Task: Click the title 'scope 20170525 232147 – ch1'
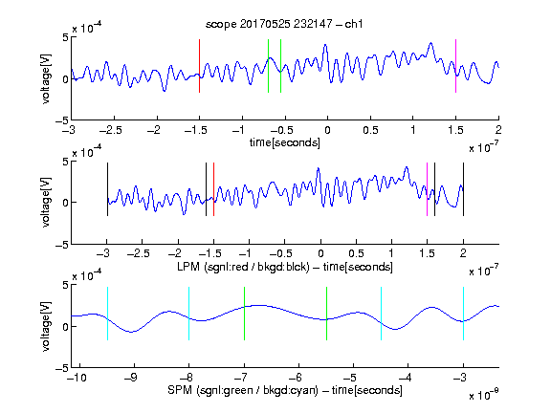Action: pyautogui.click(x=284, y=24)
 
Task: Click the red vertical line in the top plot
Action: pyautogui.click(x=199, y=66)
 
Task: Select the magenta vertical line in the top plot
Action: pyautogui.click(x=455, y=66)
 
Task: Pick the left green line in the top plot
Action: pyautogui.click(x=268, y=66)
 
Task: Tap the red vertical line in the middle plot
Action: pyautogui.click(x=213, y=189)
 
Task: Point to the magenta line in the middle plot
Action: pyautogui.click(x=427, y=189)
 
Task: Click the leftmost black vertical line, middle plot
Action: pyautogui.click(x=107, y=189)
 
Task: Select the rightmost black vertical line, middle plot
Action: pyautogui.click(x=463, y=189)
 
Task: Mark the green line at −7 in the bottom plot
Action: pyautogui.click(x=244, y=314)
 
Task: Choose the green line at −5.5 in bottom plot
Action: pyautogui.click(x=326, y=314)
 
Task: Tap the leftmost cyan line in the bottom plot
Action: pyautogui.click(x=107, y=314)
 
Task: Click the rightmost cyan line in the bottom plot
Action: pyautogui.click(x=463, y=314)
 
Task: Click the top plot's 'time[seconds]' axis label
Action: pyautogui.click(x=285, y=142)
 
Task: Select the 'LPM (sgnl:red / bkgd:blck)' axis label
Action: pyautogui.click(x=243, y=267)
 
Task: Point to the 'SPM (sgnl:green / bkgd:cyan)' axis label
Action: pyautogui.click(x=243, y=390)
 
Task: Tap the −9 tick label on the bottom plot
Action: pyautogui.click(x=131, y=378)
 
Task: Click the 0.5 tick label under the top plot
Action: pyautogui.click(x=370, y=130)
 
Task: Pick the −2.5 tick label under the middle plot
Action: pyautogui.click(x=139, y=253)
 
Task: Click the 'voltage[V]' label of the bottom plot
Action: pyautogui.click(x=46, y=326)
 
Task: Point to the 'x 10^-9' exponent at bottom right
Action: pyautogui.click(x=483, y=395)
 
